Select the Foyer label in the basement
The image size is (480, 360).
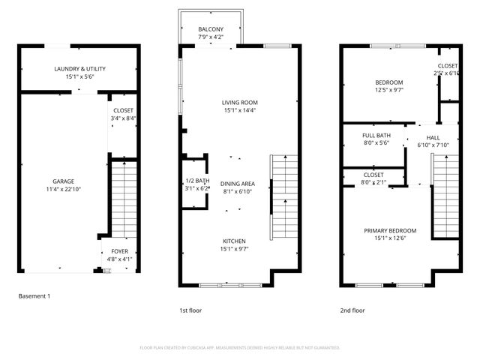tap(120, 251)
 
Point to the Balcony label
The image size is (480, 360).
tap(210, 32)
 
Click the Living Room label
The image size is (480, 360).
tap(239, 106)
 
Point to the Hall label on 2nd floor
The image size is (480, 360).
tap(433, 142)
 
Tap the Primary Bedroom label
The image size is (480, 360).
tap(390, 234)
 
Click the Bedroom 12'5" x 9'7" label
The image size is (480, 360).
tap(388, 85)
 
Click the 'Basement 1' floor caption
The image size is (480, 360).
tap(34, 296)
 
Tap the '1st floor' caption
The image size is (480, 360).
tap(190, 310)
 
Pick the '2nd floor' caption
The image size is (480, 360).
tap(352, 310)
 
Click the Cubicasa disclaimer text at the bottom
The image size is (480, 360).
tap(240, 347)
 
